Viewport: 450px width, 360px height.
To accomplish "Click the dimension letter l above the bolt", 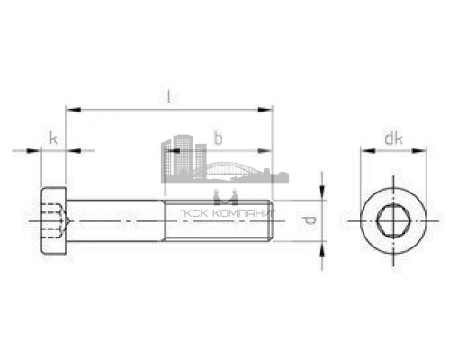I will click(x=168, y=94).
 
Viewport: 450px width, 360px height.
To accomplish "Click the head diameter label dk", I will click(x=391, y=138).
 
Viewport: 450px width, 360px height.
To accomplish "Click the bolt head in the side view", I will click(x=54, y=220).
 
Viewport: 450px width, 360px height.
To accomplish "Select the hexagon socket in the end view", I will click(x=391, y=220).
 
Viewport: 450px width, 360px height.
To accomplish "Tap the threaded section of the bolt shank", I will click(x=216, y=220).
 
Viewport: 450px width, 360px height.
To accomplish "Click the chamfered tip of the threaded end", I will click(x=270, y=220).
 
